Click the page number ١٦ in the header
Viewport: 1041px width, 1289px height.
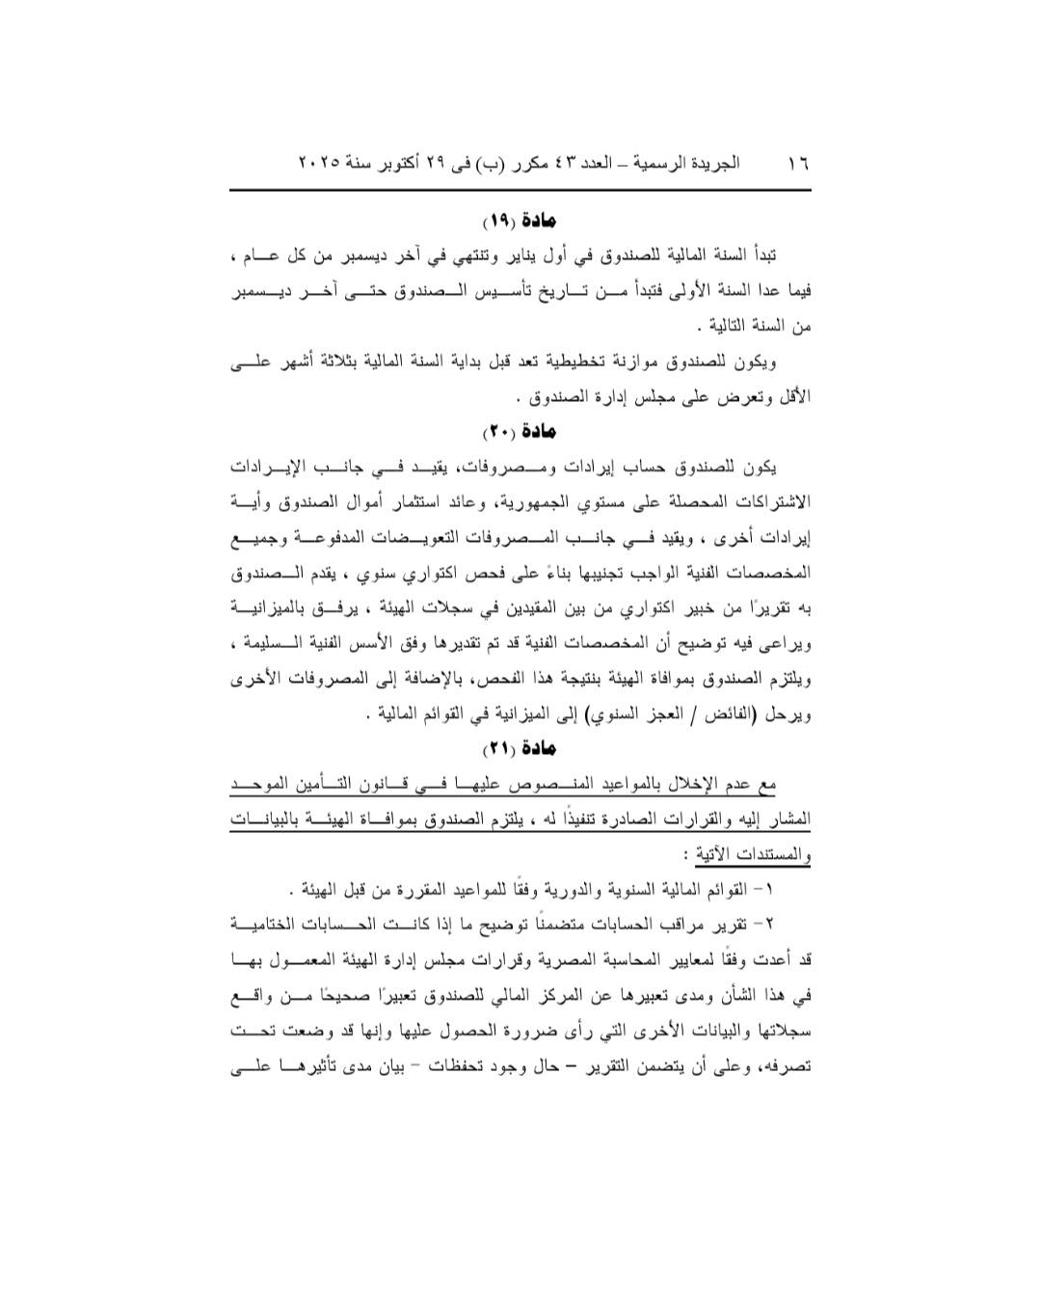click(797, 163)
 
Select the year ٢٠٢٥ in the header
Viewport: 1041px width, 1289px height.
click(318, 163)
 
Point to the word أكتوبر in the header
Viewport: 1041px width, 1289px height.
click(412, 163)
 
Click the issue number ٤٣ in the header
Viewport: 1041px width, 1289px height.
click(564, 163)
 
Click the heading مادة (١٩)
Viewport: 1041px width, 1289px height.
click(520, 222)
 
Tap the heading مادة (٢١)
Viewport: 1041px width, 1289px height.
click(520, 748)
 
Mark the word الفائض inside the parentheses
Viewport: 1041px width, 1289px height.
click(745, 714)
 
